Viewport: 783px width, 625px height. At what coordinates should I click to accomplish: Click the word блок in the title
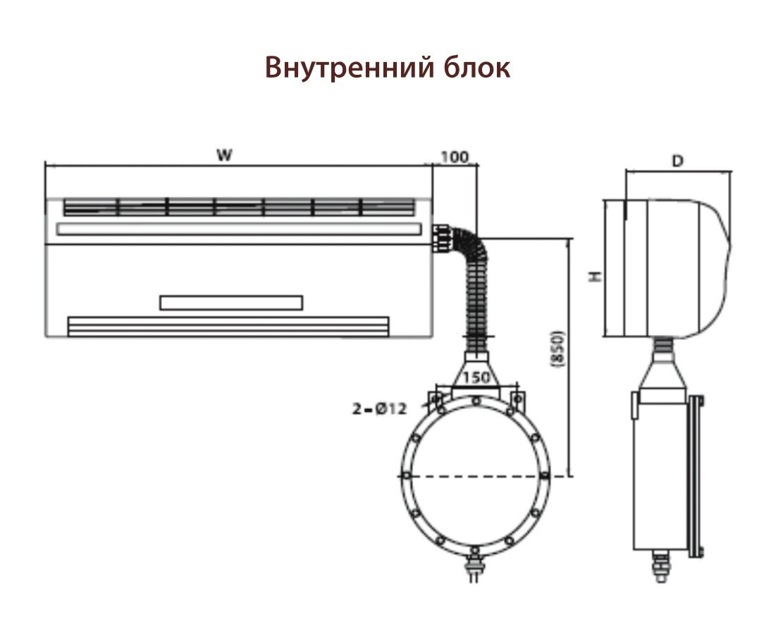(476, 68)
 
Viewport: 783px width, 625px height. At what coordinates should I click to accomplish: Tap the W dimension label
(225, 155)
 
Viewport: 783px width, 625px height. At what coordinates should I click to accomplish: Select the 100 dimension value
(455, 157)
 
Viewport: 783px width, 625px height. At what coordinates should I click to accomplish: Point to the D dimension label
(677, 161)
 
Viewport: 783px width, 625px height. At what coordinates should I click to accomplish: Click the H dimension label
(596, 276)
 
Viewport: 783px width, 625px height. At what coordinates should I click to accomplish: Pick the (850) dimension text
(557, 349)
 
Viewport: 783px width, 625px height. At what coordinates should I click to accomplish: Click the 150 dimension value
(475, 377)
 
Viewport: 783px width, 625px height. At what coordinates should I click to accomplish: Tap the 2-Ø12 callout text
(379, 408)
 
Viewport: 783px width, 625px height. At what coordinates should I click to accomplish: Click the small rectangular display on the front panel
(231, 303)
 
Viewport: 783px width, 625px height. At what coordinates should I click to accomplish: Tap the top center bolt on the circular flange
(476, 401)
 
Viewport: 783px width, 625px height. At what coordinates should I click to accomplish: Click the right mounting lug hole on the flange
(518, 399)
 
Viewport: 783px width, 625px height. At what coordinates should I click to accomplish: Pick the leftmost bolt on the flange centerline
(407, 475)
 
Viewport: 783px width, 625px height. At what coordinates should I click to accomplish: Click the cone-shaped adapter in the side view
(662, 370)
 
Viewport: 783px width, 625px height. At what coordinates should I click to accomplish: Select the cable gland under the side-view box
(661, 566)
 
